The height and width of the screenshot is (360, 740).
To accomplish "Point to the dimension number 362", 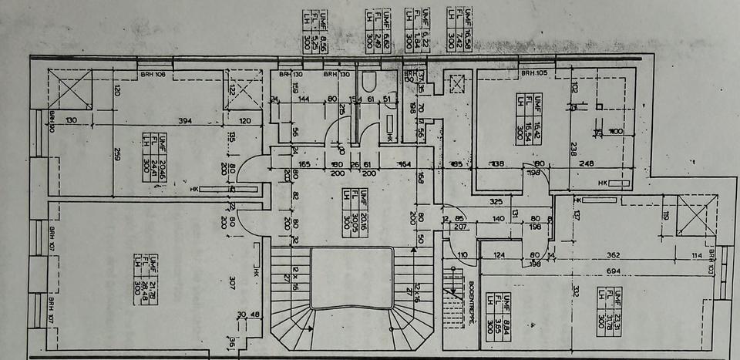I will (x=614, y=256).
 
